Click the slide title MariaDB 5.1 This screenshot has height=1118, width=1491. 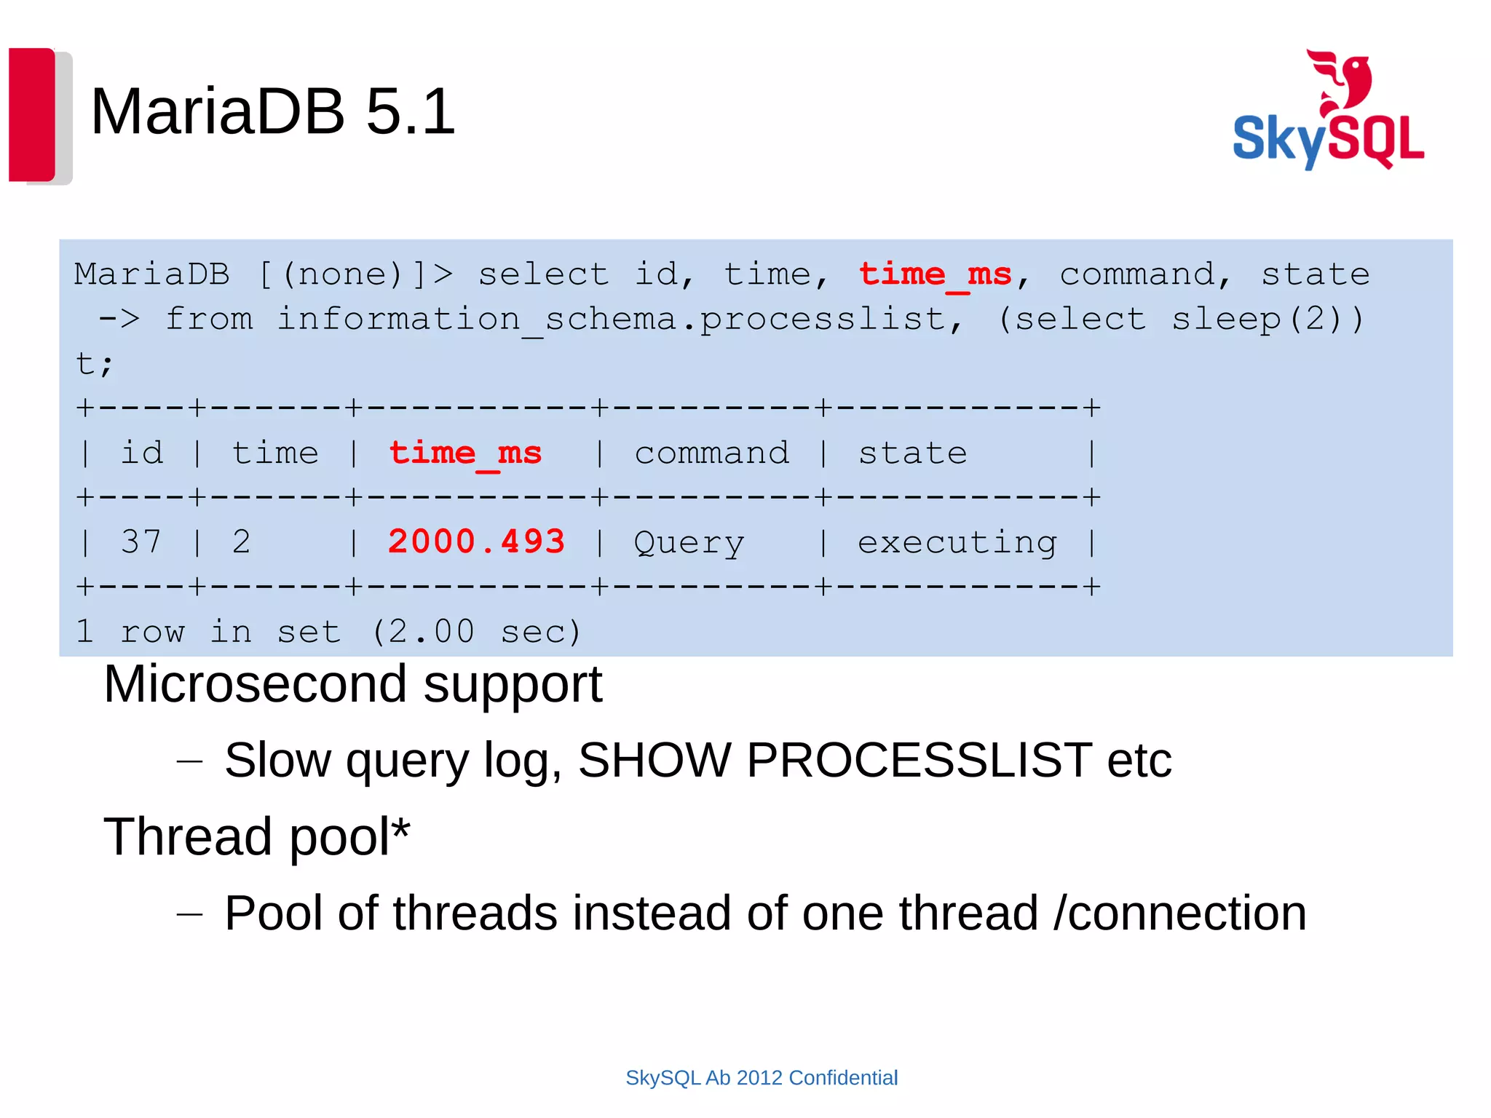click(x=272, y=111)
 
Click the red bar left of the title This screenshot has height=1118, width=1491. click(x=32, y=114)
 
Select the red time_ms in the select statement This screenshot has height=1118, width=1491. click(x=935, y=275)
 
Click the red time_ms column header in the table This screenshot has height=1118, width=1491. click(x=464, y=453)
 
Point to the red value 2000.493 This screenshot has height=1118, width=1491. click(x=476, y=542)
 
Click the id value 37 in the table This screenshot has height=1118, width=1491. click(x=141, y=542)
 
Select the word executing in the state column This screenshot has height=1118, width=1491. click(x=957, y=543)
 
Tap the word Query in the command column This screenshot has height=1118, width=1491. click(x=689, y=543)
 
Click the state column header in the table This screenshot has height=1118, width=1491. click(x=912, y=453)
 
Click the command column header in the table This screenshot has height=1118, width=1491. click(x=711, y=453)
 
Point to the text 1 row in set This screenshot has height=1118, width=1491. click(x=208, y=632)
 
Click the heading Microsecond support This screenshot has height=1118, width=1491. click(x=352, y=684)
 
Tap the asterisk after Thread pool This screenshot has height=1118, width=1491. click(x=401, y=827)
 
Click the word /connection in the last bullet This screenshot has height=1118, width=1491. click(x=1179, y=913)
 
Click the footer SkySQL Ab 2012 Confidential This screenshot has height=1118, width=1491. click(x=762, y=1077)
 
